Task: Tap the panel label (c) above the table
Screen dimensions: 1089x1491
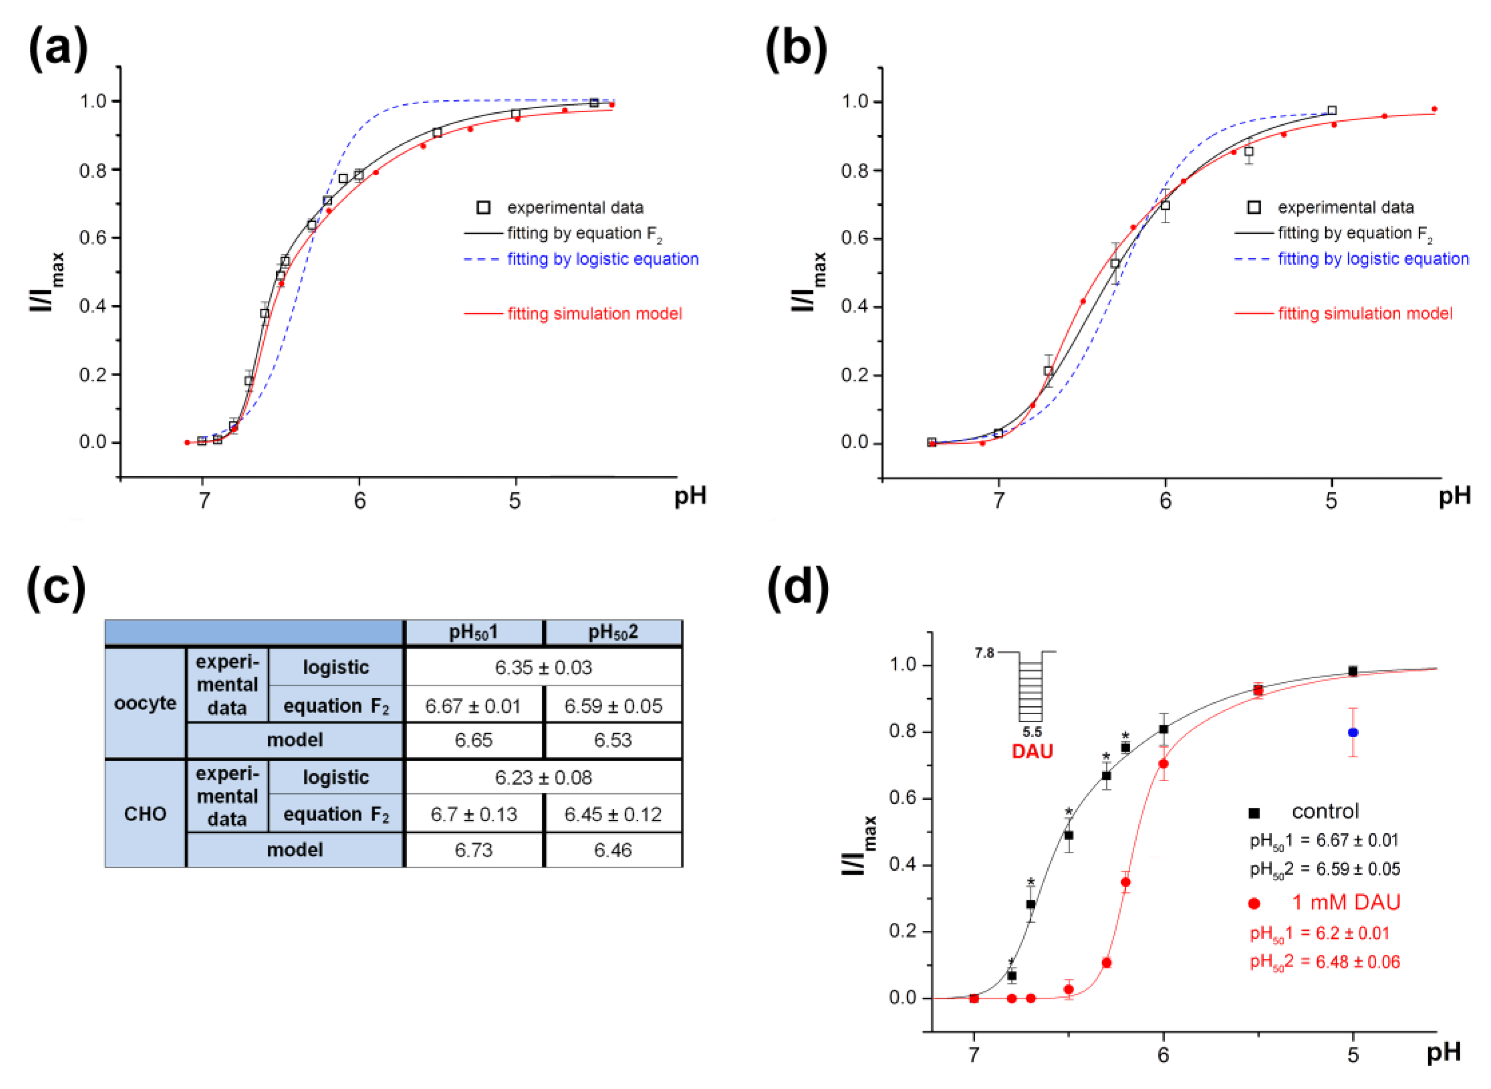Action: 56,587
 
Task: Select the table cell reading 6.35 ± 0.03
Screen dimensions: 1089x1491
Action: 543,667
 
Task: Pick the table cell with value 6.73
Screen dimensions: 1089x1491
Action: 473,850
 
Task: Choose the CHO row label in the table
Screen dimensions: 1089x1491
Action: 145,814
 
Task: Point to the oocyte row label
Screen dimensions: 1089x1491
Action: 145,703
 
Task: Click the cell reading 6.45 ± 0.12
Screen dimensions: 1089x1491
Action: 612,814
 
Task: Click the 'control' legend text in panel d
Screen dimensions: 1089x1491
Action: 1325,811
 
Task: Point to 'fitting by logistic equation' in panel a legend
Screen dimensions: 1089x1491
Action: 602,259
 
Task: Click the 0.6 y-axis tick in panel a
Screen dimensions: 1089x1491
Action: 93,237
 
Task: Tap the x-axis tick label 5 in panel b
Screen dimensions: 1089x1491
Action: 1331,501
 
